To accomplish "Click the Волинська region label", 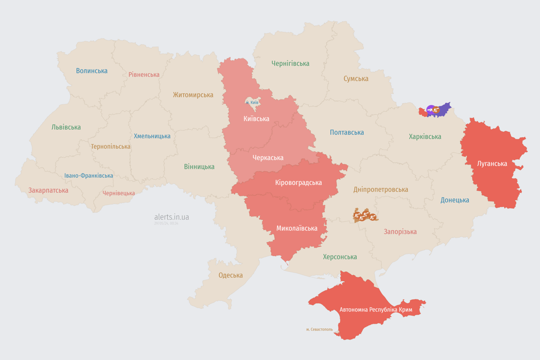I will click(x=92, y=71).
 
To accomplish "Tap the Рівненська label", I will click(x=144, y=75).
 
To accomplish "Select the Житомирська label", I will click(x=193, y=95).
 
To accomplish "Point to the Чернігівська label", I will click(x=290, y=63).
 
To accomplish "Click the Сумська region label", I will click(x=356, y=79).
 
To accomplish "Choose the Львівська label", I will click(x=66, y=127).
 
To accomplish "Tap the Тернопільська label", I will click(x=111, y=146).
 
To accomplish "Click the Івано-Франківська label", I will click(x=89, y=176).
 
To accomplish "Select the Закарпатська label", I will click(x=48, y=190).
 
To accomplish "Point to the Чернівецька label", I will click(x=119, y=193).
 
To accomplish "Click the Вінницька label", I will click(x=199, y=166).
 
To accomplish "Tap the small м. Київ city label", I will click(x=252, y=102).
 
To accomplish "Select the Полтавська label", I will click(x=347, y=133).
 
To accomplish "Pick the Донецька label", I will click(x=455, y=200).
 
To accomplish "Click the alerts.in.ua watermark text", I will click(x=172, y=217).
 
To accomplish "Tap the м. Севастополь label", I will click(x=319, y=330).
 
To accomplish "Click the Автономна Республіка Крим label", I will click(x=376, y=310).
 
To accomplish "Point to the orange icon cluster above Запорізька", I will click(x=365, y=216).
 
